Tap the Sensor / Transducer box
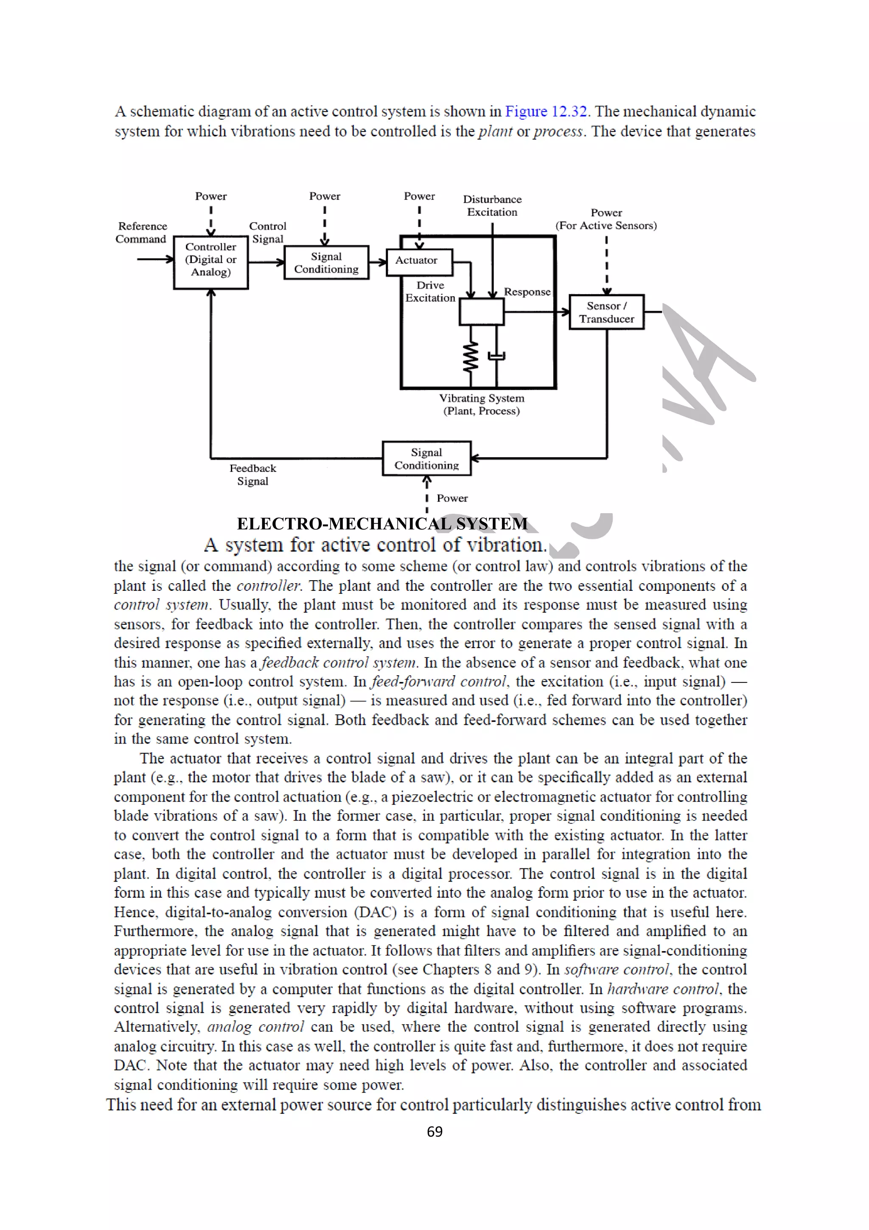[x=606, y=312]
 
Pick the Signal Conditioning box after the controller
[x=326, y=262]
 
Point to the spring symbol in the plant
[x=471, y=356]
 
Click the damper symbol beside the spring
[x=497, y=355]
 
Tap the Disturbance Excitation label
[x=492, y=206]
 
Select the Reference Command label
[x=142, y=233]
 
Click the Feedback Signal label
[x=253, y=475]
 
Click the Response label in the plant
[x=527, y=292]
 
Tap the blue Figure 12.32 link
[x=546, y=112]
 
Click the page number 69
[x=434, y=1132]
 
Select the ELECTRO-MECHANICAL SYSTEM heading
[x=382, y=523]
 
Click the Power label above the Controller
[x=210, y=196]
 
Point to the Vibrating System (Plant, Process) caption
[x=481, y=404]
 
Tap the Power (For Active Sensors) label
[x=606, y=219]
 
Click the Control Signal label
[x=268, y=233]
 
